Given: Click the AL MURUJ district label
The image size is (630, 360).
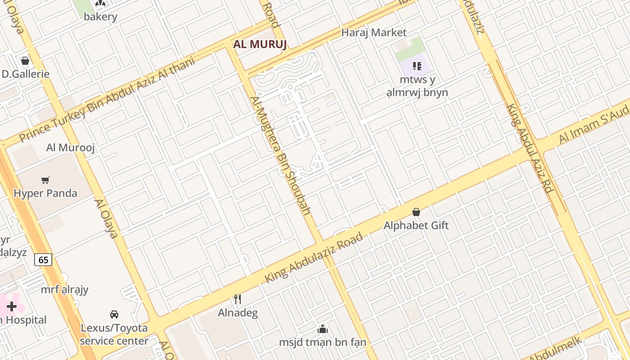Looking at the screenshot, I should click(260, 45).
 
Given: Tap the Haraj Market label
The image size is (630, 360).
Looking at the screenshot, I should click(373, 32).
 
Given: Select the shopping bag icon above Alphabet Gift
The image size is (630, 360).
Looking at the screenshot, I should click(416, 211).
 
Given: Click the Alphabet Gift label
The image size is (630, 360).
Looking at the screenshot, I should click(416, 225).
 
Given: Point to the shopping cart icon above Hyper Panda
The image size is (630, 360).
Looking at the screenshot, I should click(45, 180).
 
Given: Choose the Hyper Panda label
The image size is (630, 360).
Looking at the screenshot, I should click(45, 193).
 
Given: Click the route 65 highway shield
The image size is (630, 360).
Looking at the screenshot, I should click(43, 260).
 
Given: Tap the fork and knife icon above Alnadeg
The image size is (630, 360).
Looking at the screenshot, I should click(238, 299).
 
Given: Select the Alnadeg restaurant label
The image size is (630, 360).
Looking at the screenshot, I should click(238, 313).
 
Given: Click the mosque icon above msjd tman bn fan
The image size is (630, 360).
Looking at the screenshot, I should click(322, 329).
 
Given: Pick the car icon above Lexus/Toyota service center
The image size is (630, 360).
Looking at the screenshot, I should click(114, 314).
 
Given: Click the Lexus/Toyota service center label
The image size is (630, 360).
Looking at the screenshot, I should click(114, 334).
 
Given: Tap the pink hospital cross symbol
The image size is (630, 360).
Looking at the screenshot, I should click(12, 307).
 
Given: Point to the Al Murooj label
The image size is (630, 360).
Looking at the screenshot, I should click(71, 148).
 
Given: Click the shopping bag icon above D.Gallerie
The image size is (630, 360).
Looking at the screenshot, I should click(25, 60).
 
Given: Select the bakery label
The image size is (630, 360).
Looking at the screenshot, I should click(100, 17).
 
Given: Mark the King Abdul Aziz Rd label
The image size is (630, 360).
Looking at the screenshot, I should click(530, 148).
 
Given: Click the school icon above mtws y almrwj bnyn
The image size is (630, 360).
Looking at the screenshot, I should click(417, 66).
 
